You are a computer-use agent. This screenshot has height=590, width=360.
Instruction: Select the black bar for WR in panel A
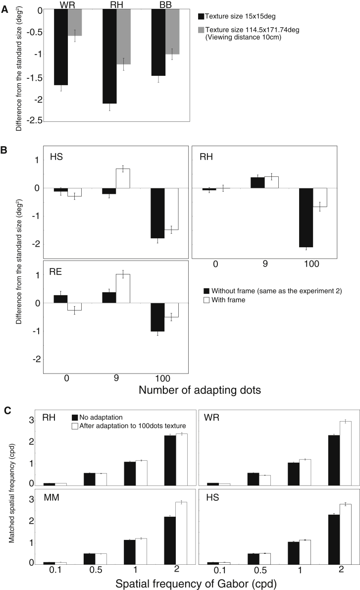tap(61, 47)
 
